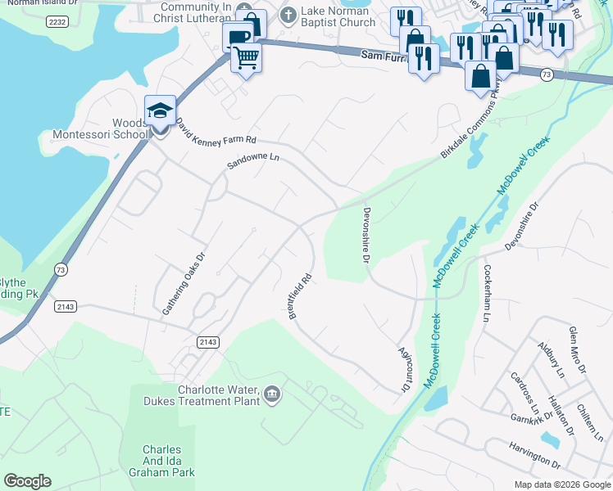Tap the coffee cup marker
pos(238,38)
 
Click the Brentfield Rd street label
pos(301,295)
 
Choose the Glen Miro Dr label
pos(577,351)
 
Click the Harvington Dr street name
pos(533,459)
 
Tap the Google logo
pos(27,481)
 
